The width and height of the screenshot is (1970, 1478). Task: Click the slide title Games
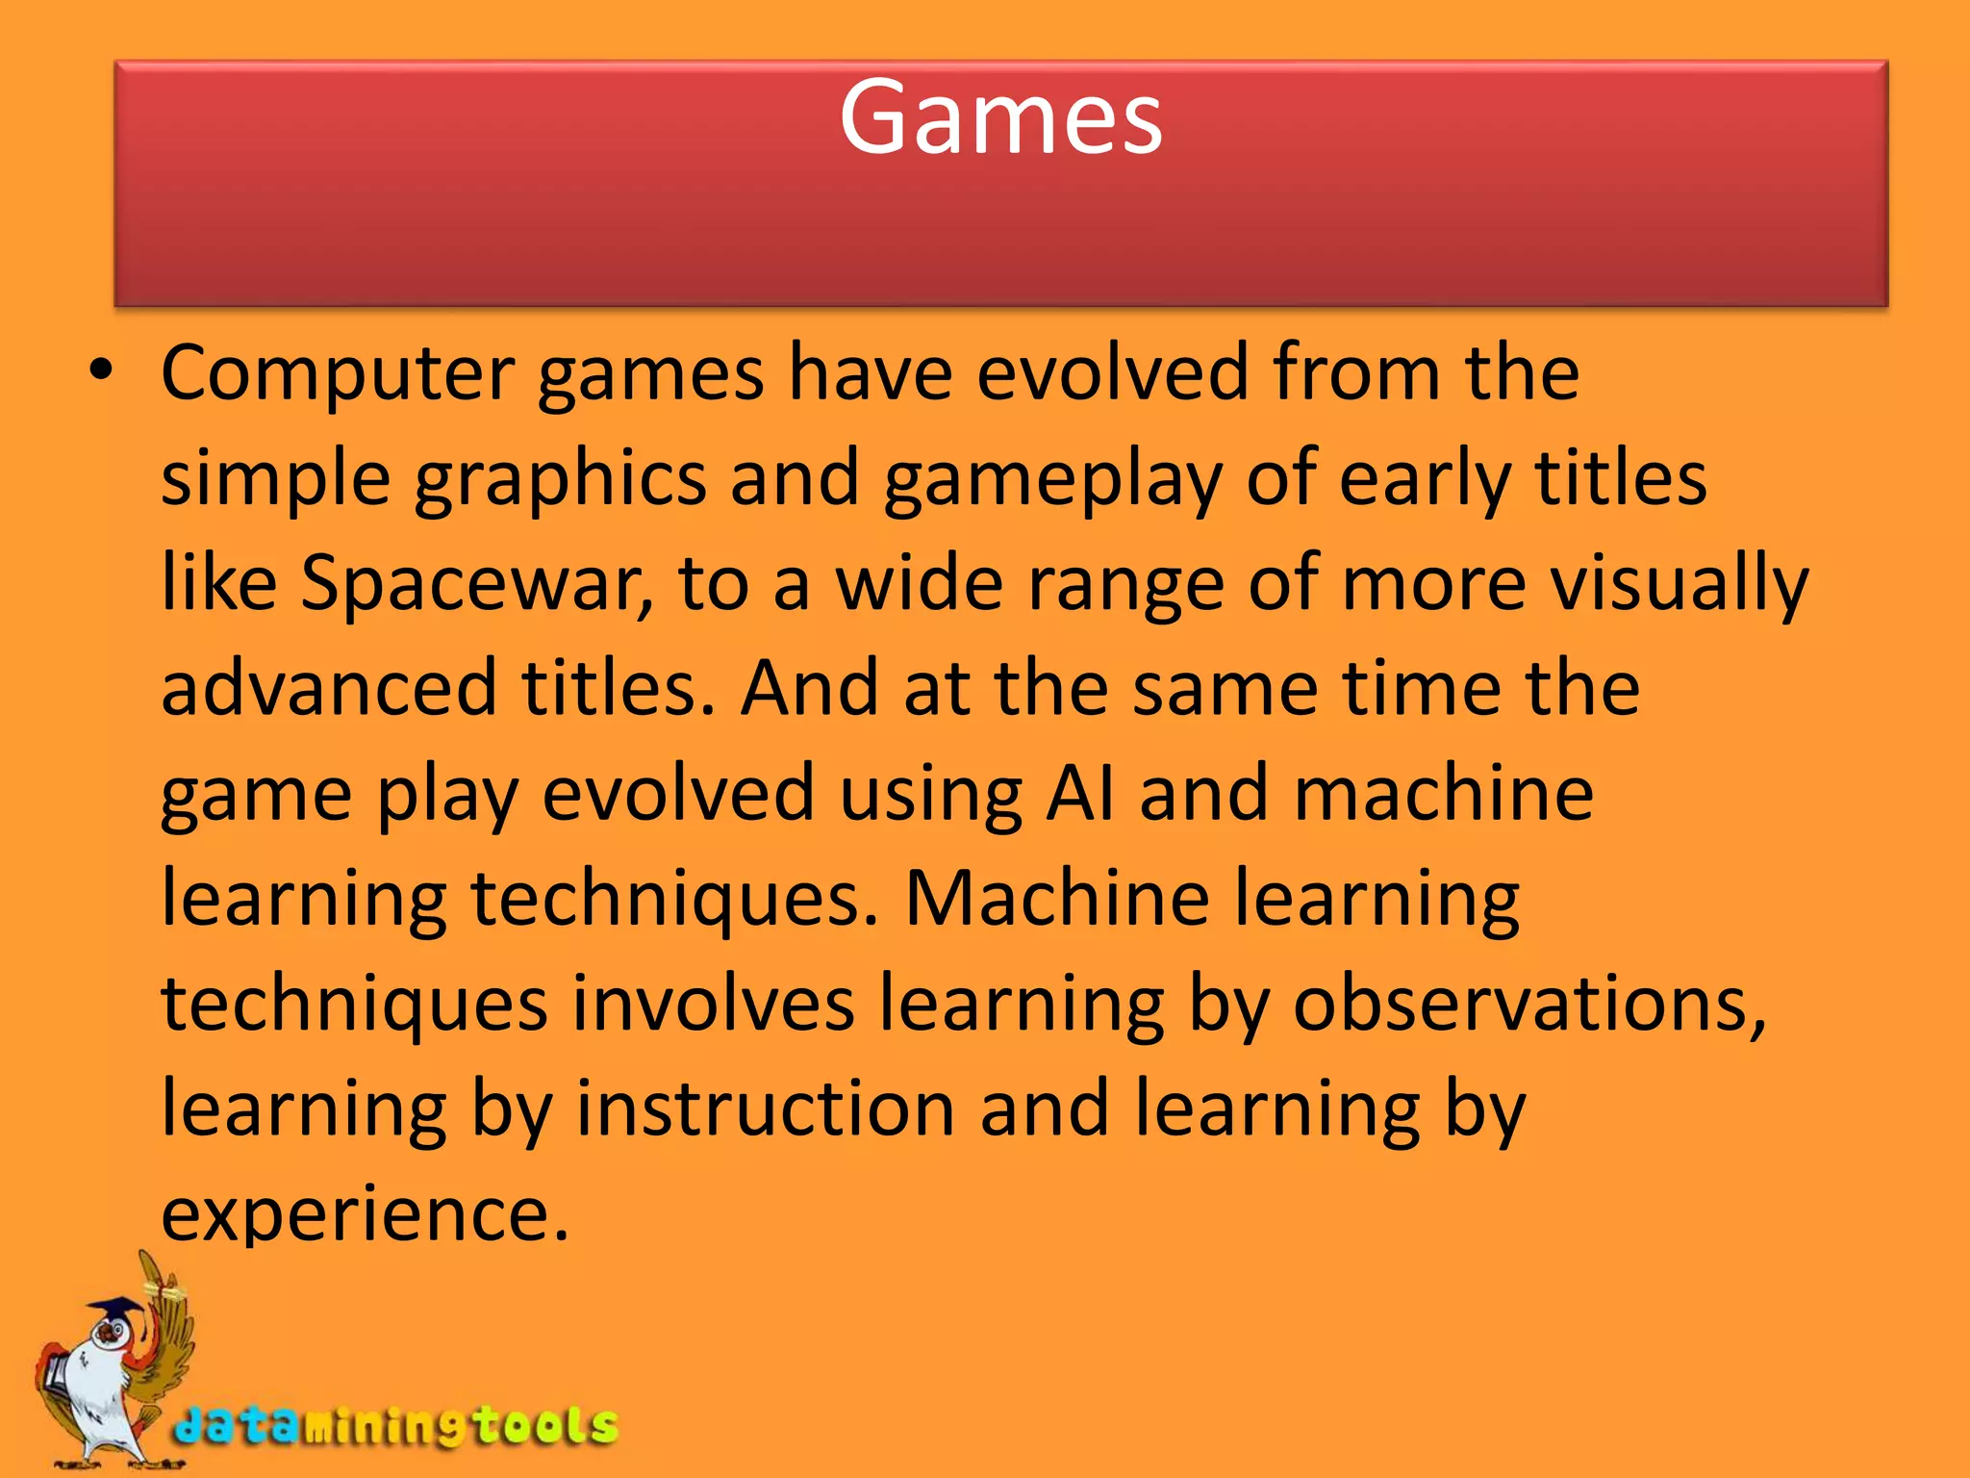pyautogui.click(x=1000, y=117)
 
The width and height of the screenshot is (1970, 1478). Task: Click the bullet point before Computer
pyautogui.click(x=101, y=371)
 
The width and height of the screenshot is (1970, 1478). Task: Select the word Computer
pyautogui.click(x=338, y=373)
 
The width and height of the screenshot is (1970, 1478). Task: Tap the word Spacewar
pyautogui.click(x=476, y=583)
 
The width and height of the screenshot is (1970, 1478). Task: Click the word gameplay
pyautogui.click(x=1052, y=479)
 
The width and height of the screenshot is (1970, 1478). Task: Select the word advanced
pyautogui.click(x=328, y=688)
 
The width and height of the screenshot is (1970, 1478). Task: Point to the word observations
pyautogui.click(x=1529, y=1004)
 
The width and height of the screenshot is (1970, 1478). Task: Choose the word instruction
pyautogui.click(x=765, y=1108)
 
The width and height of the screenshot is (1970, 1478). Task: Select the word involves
pyautogui.click(x=713, y=1004)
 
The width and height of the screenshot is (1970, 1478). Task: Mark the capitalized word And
pyautogui.click(x=809, y=688)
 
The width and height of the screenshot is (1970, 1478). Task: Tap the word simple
pyautogui.click(x=275, y=479)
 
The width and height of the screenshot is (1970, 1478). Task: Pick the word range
pyautogui.click(x=1125, y=585)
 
